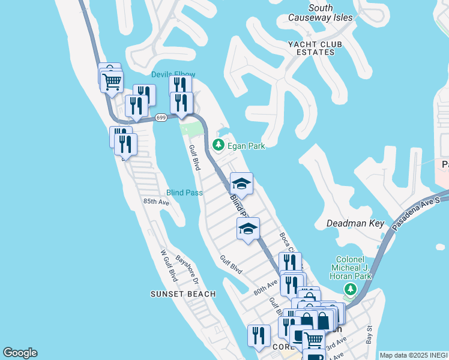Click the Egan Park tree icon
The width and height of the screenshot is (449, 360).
218,145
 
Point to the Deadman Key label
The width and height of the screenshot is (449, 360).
355,223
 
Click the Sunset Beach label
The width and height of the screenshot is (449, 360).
183,294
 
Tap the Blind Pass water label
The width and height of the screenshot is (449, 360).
184,193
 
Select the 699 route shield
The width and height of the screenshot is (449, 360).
160,118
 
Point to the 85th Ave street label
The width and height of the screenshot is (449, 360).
156,202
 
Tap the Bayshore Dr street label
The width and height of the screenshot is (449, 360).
185,269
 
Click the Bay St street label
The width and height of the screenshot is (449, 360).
369,335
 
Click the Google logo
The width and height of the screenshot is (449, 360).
20,353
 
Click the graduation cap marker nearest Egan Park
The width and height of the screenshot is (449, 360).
241,183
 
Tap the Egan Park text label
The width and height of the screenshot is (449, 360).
246,146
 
